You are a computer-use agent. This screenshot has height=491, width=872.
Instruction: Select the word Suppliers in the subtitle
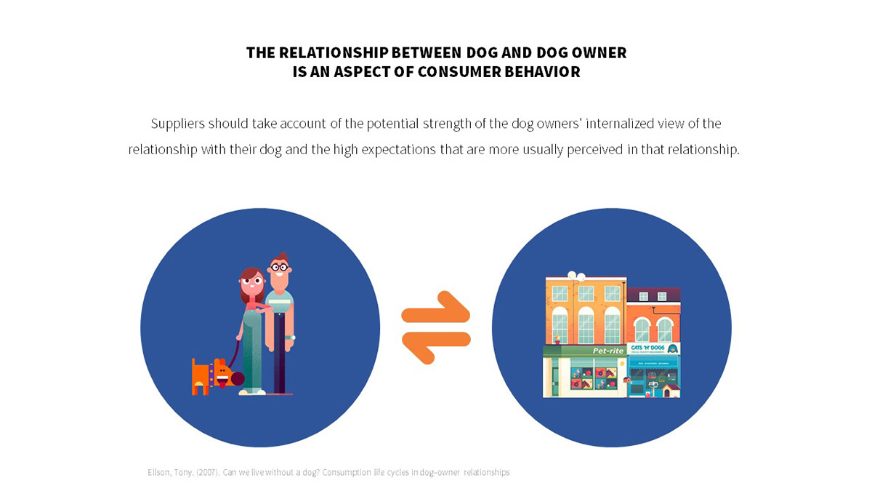click(177, 124)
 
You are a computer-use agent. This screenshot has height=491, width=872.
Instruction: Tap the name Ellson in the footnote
click(158, 473)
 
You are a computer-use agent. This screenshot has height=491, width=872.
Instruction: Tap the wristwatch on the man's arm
click(290, 337)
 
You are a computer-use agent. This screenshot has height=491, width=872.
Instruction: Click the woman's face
click(251, 284)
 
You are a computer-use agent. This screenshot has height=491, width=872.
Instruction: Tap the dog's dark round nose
click(237, 378)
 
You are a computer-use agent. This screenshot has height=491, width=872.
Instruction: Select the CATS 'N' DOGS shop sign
click(653, 349)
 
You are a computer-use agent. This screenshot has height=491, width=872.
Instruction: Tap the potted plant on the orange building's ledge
click(557, 339)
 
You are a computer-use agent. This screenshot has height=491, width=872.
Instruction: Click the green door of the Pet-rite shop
click(554, 378)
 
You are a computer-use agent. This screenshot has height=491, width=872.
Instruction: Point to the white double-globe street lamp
click(576, 276)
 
